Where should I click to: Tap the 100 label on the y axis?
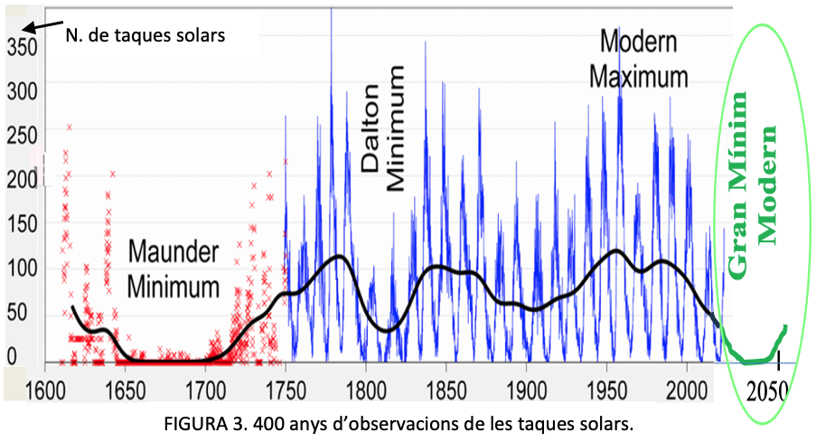[22, 268]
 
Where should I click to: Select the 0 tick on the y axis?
[12, 358]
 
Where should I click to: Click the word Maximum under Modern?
[639, 76]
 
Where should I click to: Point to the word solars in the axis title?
[198, 36]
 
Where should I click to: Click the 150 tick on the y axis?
[22, 223]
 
